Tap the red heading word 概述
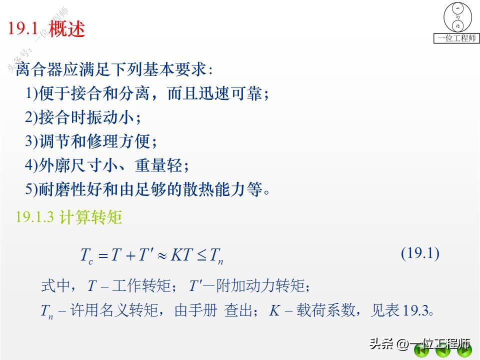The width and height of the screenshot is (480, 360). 67,28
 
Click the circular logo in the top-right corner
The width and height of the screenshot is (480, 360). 457,17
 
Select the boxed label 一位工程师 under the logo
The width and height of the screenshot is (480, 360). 456,38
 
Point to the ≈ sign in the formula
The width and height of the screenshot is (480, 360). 161,255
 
